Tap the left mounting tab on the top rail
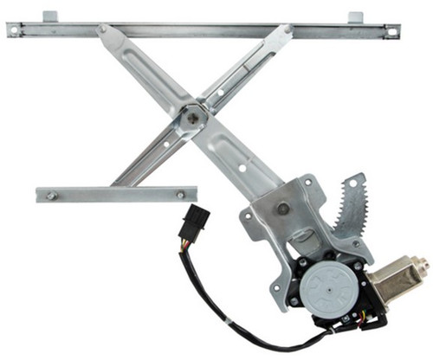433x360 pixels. point(49,16)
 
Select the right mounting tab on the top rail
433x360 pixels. point(355,16)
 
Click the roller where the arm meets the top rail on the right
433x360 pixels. point(287,30)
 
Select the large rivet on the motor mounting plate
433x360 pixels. point(282,209)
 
